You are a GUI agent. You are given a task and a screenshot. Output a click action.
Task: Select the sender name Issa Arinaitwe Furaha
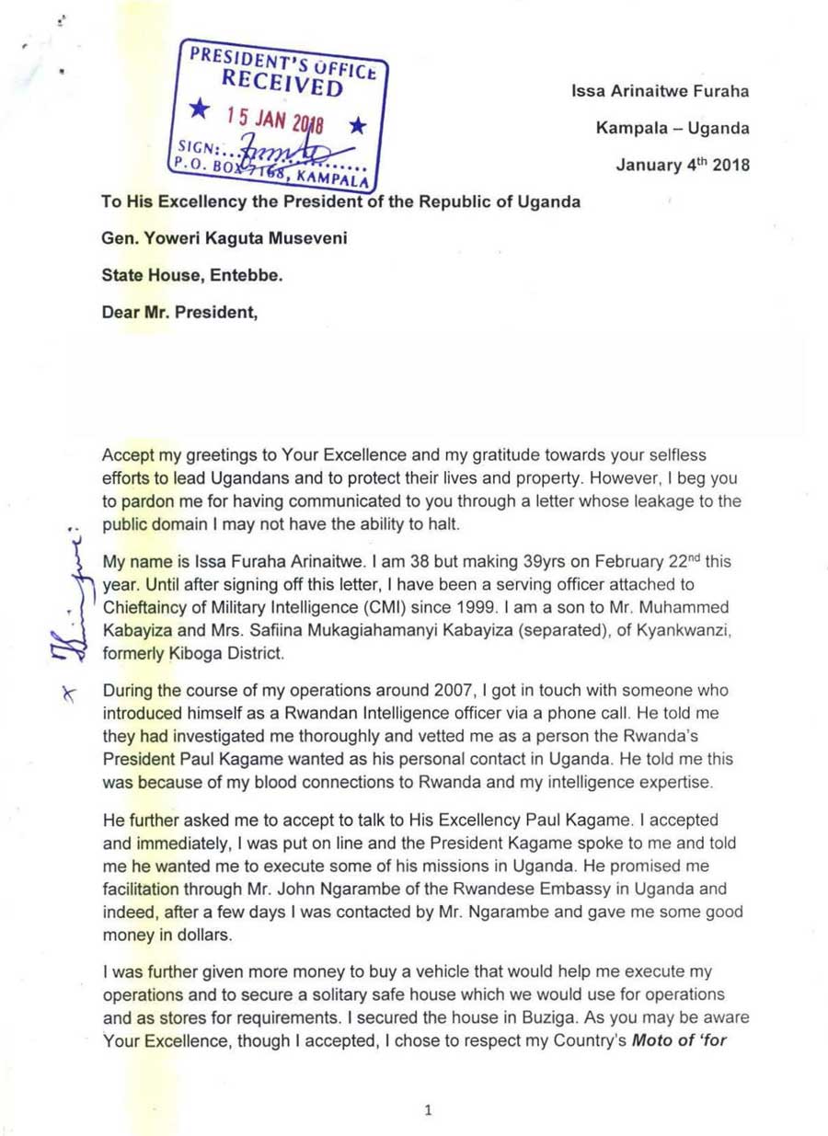coord(660,91)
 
